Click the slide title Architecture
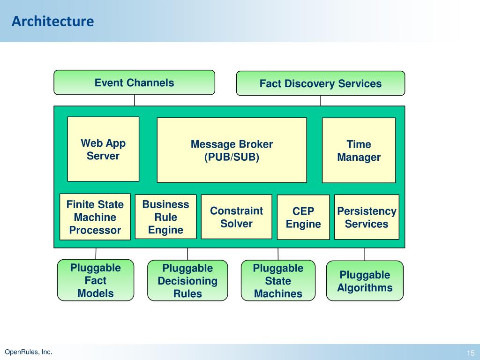point(52,21)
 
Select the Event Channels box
point(135,82)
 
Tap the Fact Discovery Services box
point(321,83)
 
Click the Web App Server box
point(103,149)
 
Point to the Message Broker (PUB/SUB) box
point(232,150)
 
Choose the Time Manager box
point(359,150)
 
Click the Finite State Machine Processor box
point(95,217)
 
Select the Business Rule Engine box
point(165,217)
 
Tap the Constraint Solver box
point(236,217)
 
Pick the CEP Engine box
point(303,217)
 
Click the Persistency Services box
point(367,217)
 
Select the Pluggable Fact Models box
point(96,280)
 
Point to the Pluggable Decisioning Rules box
point(187,280)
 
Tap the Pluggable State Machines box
point(278,280)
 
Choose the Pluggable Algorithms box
point(365,281)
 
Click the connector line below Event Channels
point(135,100)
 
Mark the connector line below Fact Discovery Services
point(321,101)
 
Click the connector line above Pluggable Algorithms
point(365,255)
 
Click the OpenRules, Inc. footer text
point(29,352)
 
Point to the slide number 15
point(471,352)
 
